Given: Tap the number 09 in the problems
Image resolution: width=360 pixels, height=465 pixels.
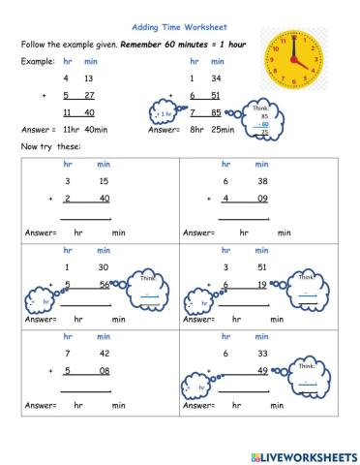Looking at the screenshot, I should pos(261,200).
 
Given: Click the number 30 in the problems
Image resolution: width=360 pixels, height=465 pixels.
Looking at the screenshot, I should pos(102,267).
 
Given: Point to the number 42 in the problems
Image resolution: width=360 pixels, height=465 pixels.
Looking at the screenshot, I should pos(102,354).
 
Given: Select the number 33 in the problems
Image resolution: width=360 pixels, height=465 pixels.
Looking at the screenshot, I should pos(261,354).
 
